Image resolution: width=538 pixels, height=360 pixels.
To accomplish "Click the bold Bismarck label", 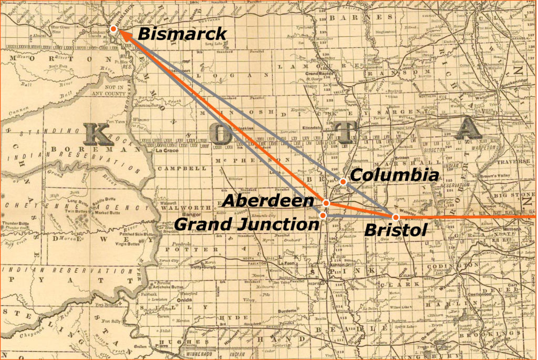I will [182, 34].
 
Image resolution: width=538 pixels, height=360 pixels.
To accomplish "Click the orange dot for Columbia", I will [343, 182].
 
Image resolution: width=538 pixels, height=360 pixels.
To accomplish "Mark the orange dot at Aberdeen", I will [326, 203].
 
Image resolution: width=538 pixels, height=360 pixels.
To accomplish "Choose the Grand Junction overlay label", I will [246, 224].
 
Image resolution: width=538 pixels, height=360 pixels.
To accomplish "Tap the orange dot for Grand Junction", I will [324, 215].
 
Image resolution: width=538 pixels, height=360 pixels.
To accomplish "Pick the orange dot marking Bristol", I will [396, 217].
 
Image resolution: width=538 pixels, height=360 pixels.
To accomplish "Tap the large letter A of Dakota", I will [468, 129].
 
